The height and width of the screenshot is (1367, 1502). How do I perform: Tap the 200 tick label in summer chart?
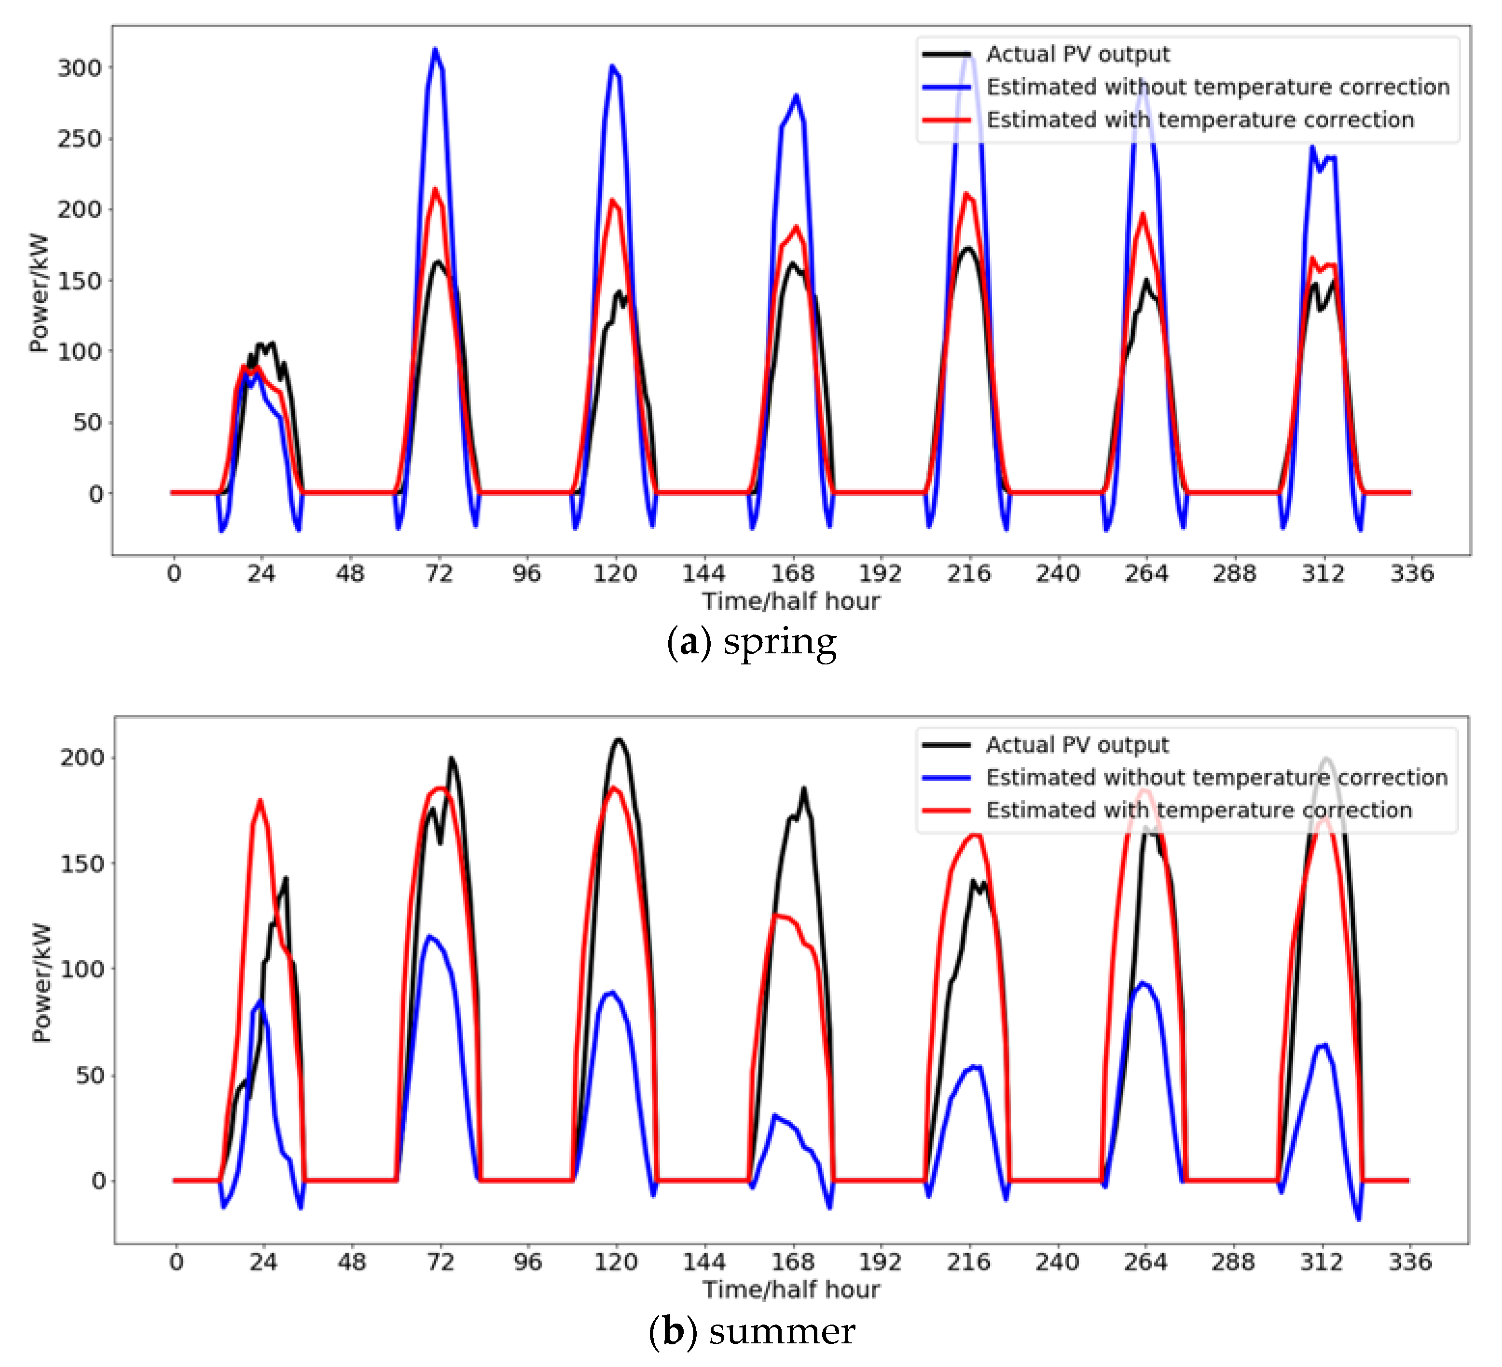pyautogui.click(x=82, y=758)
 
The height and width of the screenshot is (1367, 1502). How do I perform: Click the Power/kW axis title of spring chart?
pyautogui.click(x=39, y=293)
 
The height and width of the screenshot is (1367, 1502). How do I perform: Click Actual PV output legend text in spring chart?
pyautogui.click(x=1077, y=55)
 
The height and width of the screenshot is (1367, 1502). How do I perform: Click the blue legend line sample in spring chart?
pyautogui.click(x=946, y=87)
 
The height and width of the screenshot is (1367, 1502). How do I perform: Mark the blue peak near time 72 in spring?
pyautogui.click(x=435, y=50)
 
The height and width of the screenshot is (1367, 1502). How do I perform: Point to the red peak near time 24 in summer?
pyautogui.click(x=260, y=801)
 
